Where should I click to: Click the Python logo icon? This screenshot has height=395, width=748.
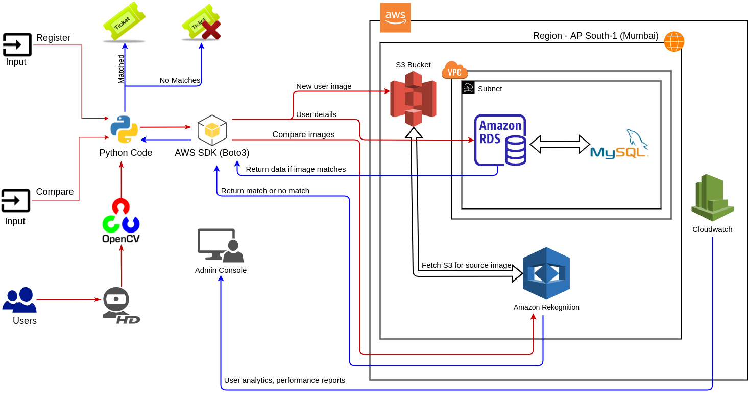click(x=124, y=129)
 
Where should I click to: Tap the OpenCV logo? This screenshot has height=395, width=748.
click(x=121, y=220)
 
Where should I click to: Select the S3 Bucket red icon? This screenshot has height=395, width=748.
click(x=413, y=99)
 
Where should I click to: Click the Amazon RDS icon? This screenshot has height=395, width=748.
click(x=500, y=140)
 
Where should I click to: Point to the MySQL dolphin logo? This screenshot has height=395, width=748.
click(x=618, y=145)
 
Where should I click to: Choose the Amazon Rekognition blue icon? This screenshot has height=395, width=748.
click(x=546, y=273)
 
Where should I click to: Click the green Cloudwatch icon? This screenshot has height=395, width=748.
click(x=712, y=197)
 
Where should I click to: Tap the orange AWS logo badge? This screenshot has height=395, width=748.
click(x=395, y=17)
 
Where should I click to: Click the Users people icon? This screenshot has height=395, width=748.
click(x=20, y=299)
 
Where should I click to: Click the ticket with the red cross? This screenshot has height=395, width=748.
click(x=202, y=23)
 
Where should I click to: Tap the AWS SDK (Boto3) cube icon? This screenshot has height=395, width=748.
click(x=212, y=130)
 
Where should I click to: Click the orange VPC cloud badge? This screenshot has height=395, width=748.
click(x=454, y=71)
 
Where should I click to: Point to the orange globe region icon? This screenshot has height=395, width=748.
click(x=674, y=41)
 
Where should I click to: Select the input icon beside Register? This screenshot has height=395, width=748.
click(x=17, y=44)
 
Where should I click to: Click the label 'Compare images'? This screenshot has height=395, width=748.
click(x=303, y=135)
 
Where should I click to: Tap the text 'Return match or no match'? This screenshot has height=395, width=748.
click(x=265, y=191)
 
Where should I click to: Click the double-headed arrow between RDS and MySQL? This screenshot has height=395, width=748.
click(x=560, y=144)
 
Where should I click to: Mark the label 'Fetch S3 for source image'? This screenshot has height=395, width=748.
click(x=466, y=265)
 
